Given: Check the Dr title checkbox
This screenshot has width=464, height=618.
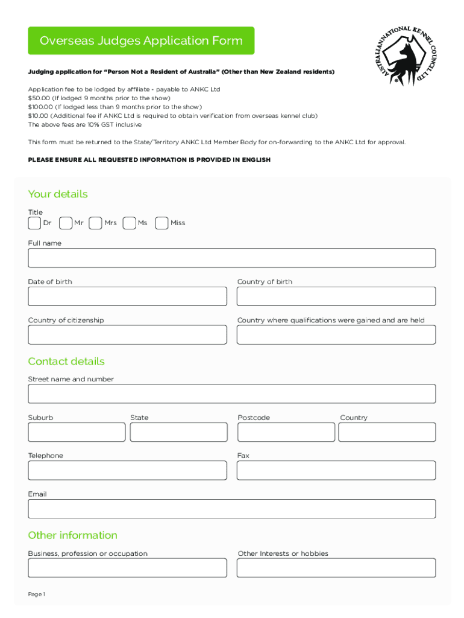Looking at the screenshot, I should tap(34, 223).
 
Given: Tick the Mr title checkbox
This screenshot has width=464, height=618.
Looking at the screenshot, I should tap(66, 223).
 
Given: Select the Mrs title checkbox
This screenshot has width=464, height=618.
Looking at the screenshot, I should tap(95, 223).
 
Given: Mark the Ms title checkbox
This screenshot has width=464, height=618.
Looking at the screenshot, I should tap(129, 223).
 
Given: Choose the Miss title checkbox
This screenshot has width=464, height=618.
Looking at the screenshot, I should tap(161, 223).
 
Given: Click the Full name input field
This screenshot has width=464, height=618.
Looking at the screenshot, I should tap(231, 258).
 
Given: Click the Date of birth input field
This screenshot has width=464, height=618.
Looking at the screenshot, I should tap(127, 296).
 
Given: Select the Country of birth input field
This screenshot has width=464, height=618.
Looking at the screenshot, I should tap(336, 296).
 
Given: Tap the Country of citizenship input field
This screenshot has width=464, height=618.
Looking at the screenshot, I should tap(127, 335).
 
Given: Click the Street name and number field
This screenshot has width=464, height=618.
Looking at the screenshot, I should tap(231, 393).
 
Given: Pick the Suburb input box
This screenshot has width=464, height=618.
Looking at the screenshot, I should tap(77, 432).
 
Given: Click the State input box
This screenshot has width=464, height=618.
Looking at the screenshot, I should tap(178, 432).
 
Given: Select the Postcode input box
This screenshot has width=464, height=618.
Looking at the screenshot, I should tap(286, 432).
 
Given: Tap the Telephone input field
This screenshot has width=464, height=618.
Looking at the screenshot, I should tap(127, 470).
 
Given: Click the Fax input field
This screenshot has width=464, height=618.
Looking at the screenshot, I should tap(336, 470).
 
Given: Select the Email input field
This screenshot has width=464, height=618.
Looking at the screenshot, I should tap(231, 509).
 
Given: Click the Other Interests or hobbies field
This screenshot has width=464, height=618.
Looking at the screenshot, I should tap(336, 568).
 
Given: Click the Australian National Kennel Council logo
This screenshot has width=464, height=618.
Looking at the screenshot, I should tap(401, 56).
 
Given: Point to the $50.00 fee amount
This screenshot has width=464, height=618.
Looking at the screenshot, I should tap(39, 98).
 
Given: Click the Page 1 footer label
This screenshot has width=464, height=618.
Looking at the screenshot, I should tap(37, 594).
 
